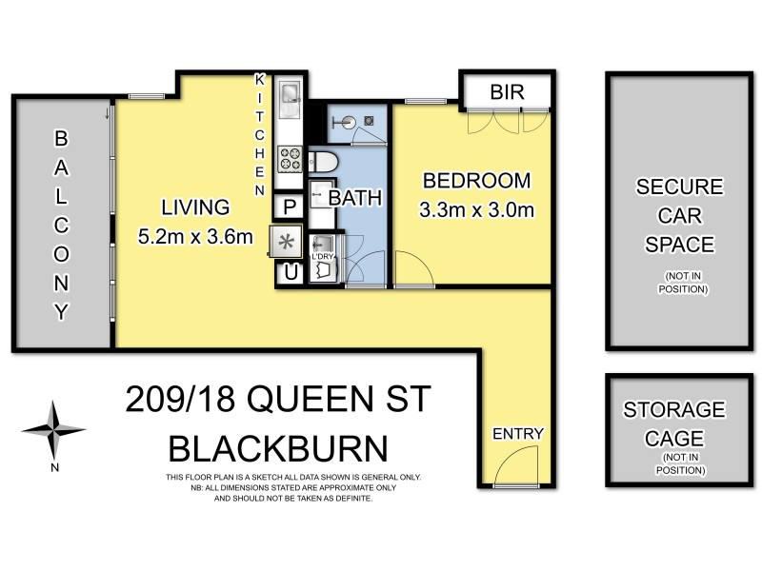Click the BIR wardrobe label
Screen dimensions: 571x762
[x=505, y=92]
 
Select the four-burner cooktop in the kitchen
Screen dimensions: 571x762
[x=289, y=157]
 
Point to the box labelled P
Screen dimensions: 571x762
[x=288, y=206]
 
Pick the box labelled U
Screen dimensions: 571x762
[x=288, y=272]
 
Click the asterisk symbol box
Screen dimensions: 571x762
[x=286, y=240]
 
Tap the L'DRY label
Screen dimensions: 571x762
[x=323, y=257]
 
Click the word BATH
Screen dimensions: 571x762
[x=355, y=199]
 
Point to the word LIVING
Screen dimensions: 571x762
[x=194, y=207]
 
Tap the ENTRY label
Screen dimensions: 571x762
[x=517, y=434]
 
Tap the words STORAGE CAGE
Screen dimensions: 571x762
[x=673, y=423]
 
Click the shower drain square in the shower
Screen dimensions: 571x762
[x=368, y=121]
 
